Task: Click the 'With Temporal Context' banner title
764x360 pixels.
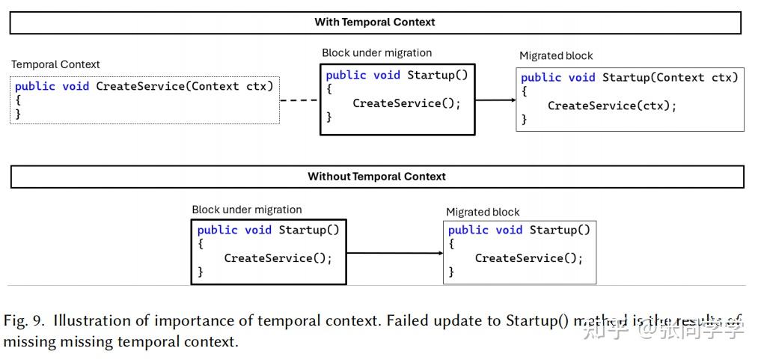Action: point(374,22)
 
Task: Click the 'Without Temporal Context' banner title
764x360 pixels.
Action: point(376,177)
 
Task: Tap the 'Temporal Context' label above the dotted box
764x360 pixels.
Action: point(55,64)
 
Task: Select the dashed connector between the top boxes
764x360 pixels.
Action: point(299,100)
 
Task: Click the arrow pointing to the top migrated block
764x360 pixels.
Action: point(495,100)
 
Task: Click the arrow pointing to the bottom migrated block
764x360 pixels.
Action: point(395,253)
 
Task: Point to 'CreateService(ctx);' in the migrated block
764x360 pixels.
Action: point(611,106)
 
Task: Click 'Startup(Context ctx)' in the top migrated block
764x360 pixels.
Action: point(670,78)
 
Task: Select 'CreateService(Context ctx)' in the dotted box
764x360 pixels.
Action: point(185,86)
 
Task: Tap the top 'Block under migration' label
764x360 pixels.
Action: point(376,53)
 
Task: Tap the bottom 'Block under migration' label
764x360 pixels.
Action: point(247,210)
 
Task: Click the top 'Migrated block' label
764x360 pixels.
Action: point(556,56)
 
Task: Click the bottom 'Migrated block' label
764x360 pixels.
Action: point(483,212)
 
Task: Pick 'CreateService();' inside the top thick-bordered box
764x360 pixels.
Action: point(407,103)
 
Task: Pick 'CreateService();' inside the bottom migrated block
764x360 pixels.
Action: point(528,258)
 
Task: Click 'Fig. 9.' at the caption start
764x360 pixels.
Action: point(24,322)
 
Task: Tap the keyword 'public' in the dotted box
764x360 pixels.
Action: point(34,86)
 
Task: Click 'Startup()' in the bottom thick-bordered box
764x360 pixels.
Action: point(309,230)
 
